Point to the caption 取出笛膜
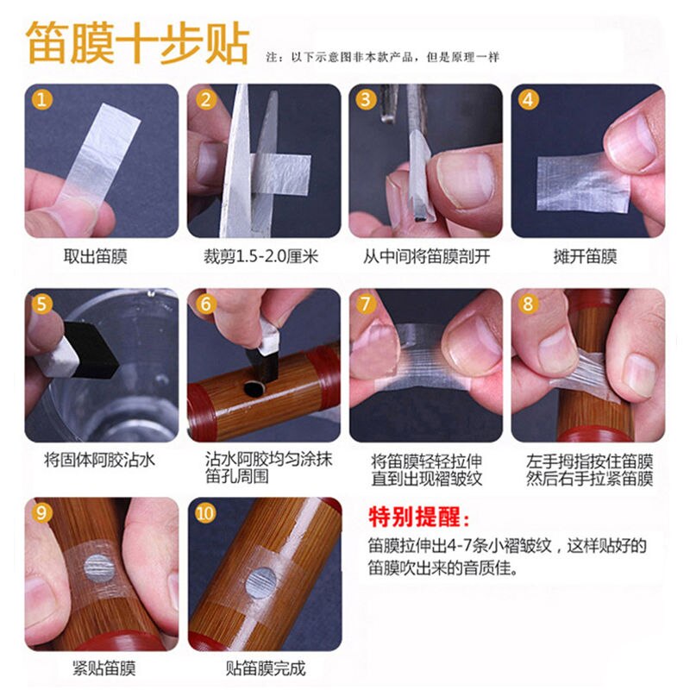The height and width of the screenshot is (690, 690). click(101, 256)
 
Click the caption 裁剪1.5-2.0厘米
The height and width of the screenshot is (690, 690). click(263, 256)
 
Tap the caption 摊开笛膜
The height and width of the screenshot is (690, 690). click(586, 256)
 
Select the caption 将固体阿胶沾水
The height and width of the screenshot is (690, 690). click(101, 460)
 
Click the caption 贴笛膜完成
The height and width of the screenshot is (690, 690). click(264, 668)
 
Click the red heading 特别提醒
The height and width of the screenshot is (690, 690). click(420, 518)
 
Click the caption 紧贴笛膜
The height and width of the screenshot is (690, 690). click(101, 668)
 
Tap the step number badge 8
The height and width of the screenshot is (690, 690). click(529, 304)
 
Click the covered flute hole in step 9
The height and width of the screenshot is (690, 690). click(97, 568)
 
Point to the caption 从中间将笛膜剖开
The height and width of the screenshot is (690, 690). click(425, 256)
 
